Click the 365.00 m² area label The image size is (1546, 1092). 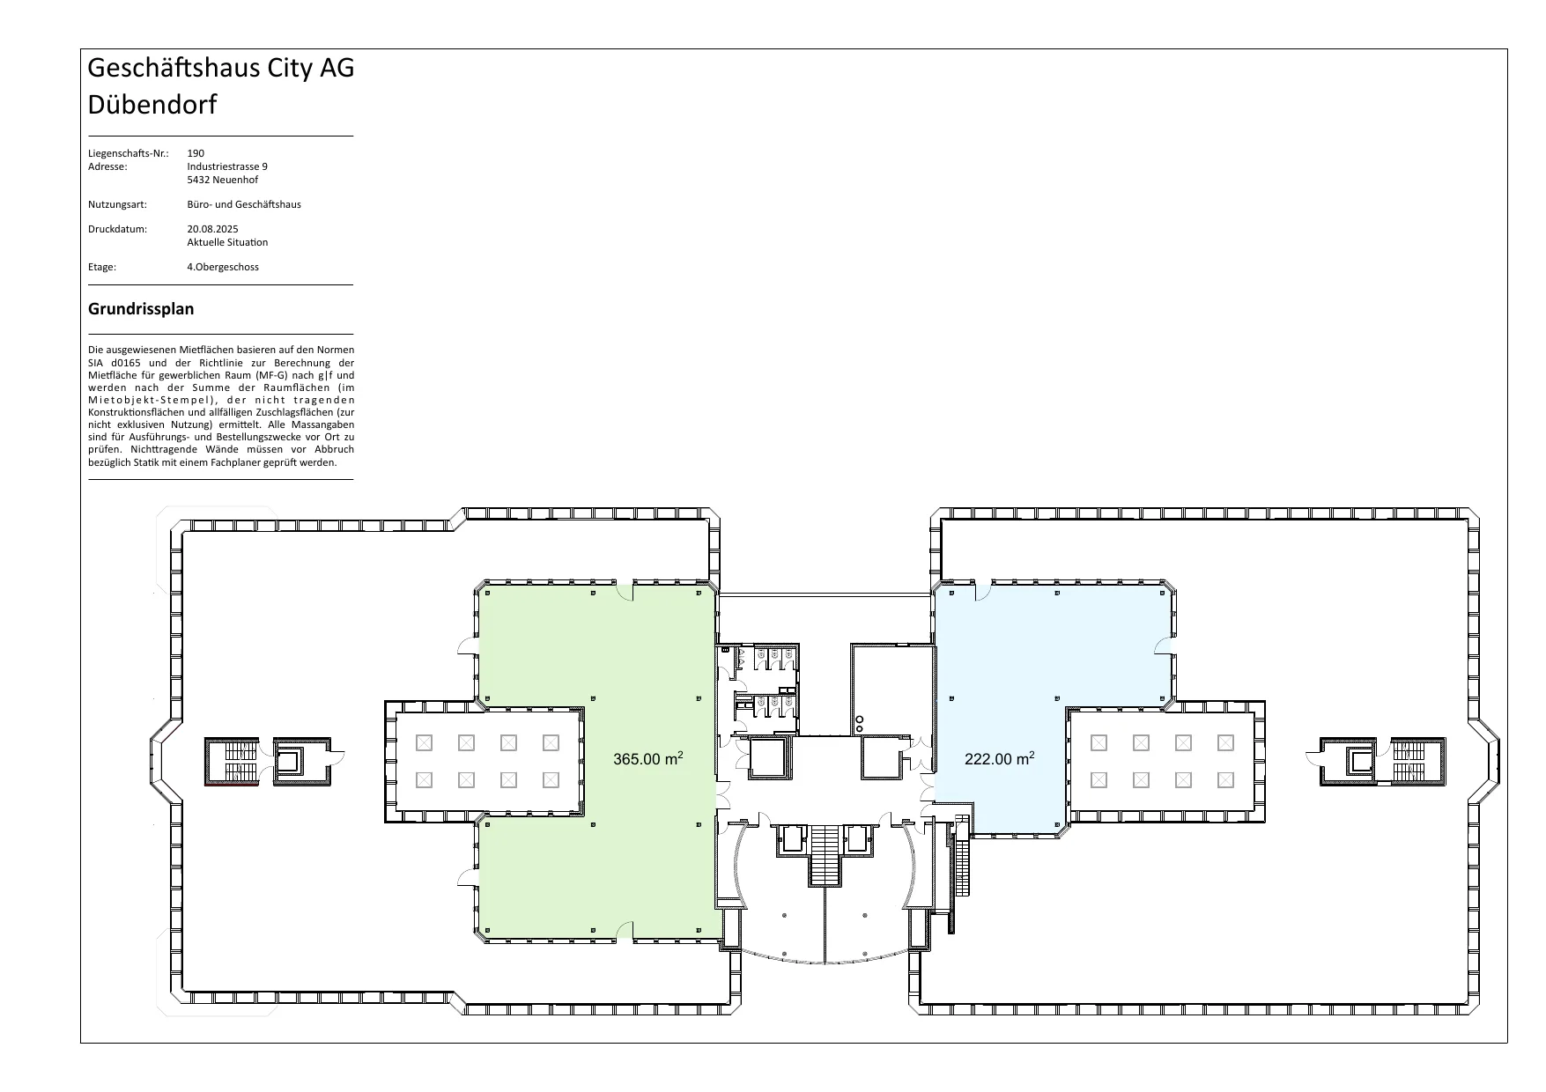tap(648, 758)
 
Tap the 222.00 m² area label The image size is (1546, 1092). tap(1000, 758)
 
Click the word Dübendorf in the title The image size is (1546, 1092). tap(152, 105)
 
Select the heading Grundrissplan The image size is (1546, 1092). tap(141, 309)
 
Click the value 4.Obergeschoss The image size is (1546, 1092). tap(223, 267)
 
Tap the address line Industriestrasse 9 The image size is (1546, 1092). tap(227, 166)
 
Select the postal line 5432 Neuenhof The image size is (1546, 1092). tap(223, 180)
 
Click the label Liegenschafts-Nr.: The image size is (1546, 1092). tap(128, 153)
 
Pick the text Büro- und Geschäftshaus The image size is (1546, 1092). tap(244, 204)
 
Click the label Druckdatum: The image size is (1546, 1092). tap(117, 229)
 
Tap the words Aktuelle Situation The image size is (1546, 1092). tap(227, 242)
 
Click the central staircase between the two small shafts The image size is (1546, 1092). tap(825, 855)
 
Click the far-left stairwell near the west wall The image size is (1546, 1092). tap(233, 762)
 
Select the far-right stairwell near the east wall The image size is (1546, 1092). tap(1417, 762)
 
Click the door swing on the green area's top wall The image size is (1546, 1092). tap(624, 591)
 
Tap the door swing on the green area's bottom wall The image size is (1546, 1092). tap(624, 929)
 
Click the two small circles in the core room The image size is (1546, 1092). tap(859, 724)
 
